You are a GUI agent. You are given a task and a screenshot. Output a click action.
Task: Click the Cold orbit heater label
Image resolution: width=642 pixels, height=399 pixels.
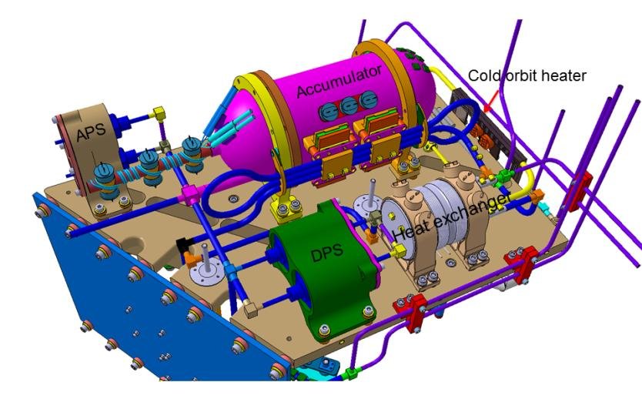[528, 75]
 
